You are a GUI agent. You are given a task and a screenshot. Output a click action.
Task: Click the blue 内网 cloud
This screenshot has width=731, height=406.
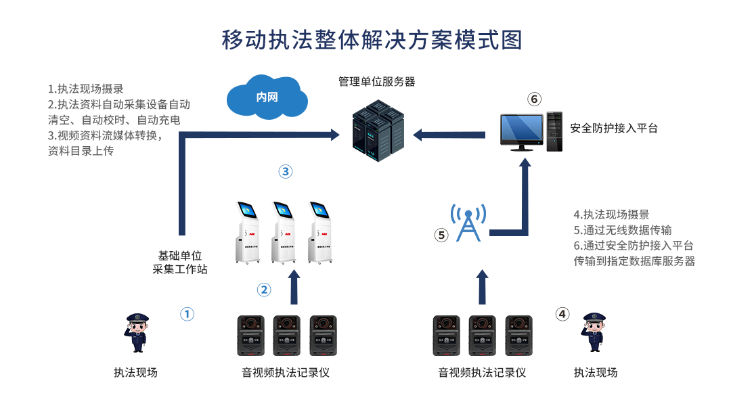(x=267, y=97)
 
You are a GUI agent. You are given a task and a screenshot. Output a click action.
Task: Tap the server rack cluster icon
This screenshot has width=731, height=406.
(x=373, y=130)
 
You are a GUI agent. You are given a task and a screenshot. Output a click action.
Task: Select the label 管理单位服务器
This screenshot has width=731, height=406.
(x=376, y=82)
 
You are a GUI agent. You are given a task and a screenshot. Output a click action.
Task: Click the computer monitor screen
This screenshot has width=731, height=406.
(x=521, y=129)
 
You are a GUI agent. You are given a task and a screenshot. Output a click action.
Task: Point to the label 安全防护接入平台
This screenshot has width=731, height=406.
(x=614, y=128)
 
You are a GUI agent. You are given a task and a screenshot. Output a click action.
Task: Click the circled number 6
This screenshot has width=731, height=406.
(x=535, y=99)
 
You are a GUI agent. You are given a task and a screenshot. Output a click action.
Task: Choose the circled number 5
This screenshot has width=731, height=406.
(x=441, y=235)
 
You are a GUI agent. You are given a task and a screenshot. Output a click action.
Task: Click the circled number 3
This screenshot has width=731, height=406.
(x=286, y=172)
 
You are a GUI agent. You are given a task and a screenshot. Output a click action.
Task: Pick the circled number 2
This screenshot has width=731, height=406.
(x=264, y=290)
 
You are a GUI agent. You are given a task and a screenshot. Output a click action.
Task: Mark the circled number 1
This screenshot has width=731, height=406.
(x=187, y=314)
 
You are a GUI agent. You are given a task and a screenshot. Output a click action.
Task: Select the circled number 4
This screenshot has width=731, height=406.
(x=562, y=314)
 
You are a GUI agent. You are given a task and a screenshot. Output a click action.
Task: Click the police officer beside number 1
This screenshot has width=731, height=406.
(x=138, y=332)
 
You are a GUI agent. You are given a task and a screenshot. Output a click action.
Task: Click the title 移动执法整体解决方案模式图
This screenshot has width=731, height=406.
(x=372, y=40)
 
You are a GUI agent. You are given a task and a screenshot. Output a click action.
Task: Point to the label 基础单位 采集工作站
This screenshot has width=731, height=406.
(x=180, y=263)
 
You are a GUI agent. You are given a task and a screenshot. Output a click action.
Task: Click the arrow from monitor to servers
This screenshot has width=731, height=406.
(x=449, y=135)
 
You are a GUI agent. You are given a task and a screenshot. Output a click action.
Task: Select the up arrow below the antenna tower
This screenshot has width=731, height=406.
(x=482, y=287)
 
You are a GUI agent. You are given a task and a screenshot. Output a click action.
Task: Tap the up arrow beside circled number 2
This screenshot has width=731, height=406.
(x=294, y=287)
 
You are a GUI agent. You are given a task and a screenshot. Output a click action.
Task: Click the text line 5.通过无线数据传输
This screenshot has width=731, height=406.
(x=623, y=230)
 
